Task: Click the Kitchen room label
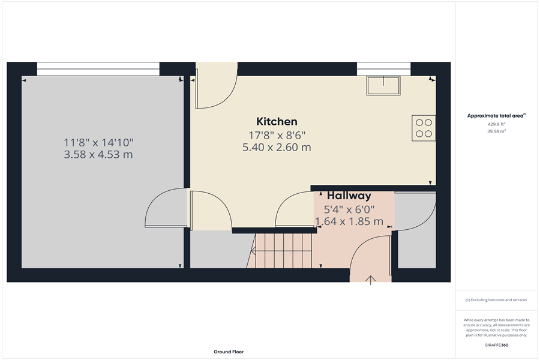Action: click(x=277, y=122)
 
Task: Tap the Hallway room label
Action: click(x=349, y=196)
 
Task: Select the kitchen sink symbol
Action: click(x=383, y=86)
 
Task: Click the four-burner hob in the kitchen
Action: click(x=424, y=128)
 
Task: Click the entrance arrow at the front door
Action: click(x=371, y=280)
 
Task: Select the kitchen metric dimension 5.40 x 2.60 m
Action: click(x=277, y=148)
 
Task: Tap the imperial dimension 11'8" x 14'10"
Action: click(x=98, y=142)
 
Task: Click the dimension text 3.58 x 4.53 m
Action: click(x=98, y=155)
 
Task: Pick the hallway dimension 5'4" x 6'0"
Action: click(x=349, y=209)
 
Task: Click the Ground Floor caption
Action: click(x=229, y=352)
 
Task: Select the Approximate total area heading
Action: click(x=496, y=116)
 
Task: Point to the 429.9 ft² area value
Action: click(x=496, y=124)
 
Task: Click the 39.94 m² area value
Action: click(x=496, y=131)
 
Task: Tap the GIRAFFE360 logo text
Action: click(x=496, y=345)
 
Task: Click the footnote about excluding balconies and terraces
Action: click(x=496, y=299)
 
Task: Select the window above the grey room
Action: click(x=98, y=69)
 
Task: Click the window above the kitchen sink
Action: click(x=383, y=69)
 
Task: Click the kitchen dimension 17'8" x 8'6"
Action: click(x=277, y=135)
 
